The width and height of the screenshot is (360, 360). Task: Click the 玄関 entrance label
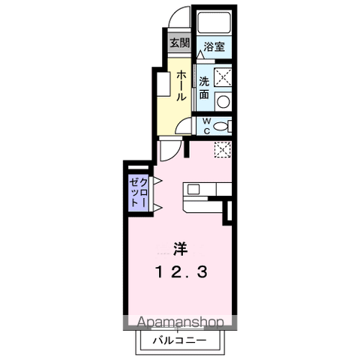(180, 43)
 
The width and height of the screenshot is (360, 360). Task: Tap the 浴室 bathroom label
(214, 46)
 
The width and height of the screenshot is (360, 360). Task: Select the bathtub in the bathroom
(214, 22)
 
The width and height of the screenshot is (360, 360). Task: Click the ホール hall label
(181, 85)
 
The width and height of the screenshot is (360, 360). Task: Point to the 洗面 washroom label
(204, 88)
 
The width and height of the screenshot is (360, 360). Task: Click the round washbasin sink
(223, 102)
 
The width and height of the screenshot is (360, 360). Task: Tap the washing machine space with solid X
(223, 76)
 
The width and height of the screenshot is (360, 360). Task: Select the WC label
(206, 126)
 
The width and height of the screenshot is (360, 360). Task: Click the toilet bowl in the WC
(220, 126)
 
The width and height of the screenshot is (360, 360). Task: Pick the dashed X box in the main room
(223, 149)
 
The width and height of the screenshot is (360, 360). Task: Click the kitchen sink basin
(193, 189)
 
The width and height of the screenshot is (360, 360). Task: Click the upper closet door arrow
(157, 181)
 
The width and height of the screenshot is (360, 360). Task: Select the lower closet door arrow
(157, 208)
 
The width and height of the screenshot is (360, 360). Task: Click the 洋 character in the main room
(181, 249)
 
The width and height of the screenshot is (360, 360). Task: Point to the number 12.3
(181, 272)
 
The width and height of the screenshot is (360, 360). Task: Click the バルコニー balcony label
(180, 340)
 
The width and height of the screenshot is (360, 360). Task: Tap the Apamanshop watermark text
(180, 322)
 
